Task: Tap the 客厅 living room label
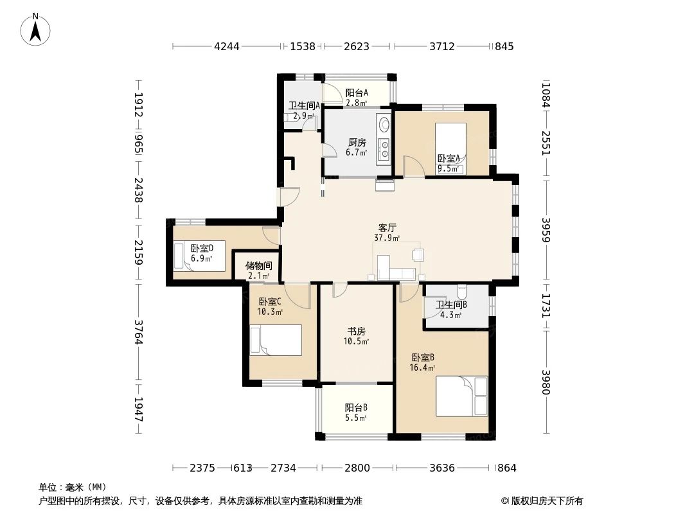click(x=387, y=227)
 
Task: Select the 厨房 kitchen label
click(x=357, y=142)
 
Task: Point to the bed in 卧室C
click(x=276, y=340)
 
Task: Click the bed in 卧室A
click(x=450, y=148)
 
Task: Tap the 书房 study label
click(x=357, y=331)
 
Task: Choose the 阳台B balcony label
click(x=356, y=407)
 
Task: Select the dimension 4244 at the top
click(x=226, y=46)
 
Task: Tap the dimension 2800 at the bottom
click(x=357, y=468)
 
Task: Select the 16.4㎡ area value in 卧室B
click(x=423, y=368)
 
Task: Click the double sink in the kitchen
click(x=384, y=148)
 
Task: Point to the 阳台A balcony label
click(x=357, y=93)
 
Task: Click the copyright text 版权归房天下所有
click(x=542, y=501)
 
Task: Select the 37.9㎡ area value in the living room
click(x=387, y=238)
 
